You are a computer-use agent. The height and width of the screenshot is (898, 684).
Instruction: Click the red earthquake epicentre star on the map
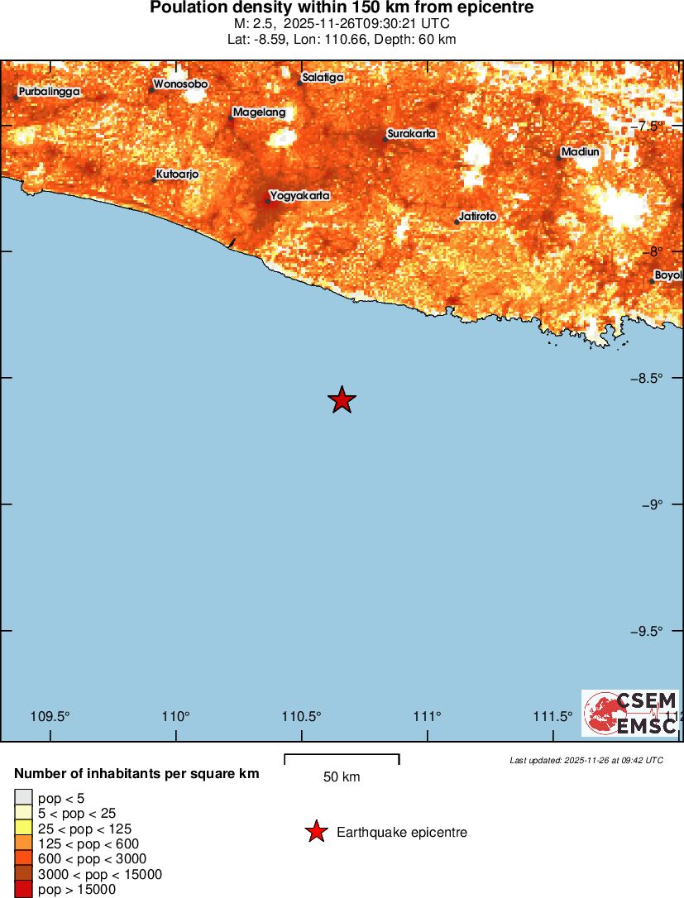(x=342, y=400)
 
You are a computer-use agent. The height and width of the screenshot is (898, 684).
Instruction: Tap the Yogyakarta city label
(x=300, y=196)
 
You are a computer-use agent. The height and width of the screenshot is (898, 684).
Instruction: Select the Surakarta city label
(x=412, y=134)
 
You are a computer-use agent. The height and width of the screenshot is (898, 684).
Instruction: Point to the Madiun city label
(x=581, y=152)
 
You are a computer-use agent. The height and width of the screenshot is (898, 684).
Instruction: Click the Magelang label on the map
(x=260, y=112)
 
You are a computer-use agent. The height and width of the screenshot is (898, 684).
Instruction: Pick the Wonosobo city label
(x=181, y=84)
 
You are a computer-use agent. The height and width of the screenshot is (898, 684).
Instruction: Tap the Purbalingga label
(x=50, y=92)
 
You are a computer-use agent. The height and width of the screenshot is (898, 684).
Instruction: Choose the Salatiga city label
(x=323, y=78)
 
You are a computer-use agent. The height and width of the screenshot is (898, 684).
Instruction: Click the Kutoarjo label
(x=178, y=174)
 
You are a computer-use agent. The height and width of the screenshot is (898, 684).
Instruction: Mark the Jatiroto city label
(x=478, y=217)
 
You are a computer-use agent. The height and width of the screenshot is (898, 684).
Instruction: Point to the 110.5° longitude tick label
(x=302, y=716)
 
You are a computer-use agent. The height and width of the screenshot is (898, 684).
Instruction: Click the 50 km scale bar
(x=342, y=756)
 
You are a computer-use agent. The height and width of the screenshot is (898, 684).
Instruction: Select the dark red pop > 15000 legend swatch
(x=23, y=889)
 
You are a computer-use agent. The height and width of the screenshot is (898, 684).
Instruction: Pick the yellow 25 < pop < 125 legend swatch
(x=23, y=829)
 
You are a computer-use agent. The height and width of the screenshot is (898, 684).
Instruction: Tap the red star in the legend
(x=316, y=832)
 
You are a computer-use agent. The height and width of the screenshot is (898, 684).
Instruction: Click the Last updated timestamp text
(x=586, y=760)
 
